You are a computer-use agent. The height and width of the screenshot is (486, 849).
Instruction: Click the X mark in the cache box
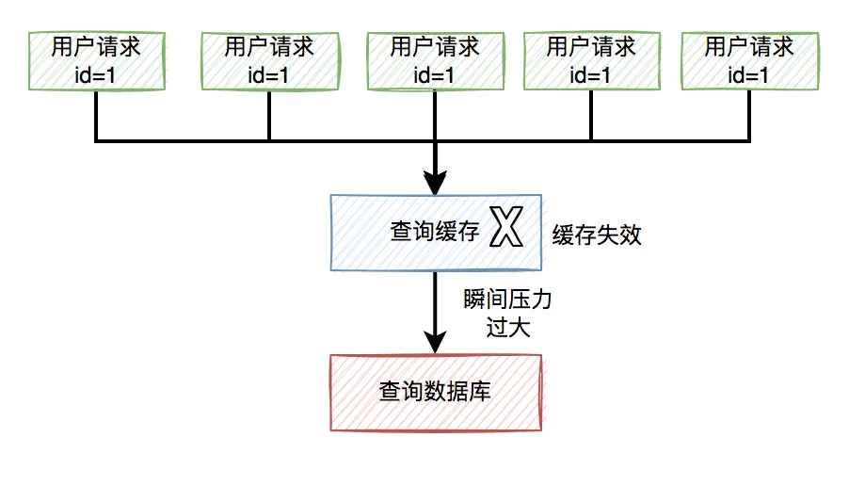click(x=506, y=230)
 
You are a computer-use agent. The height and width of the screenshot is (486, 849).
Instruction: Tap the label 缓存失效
click(x=597, y=235)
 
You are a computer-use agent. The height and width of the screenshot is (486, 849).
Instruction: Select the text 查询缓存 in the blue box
click(x=435, y=232)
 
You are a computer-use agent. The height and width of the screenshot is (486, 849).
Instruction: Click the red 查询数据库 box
click(x=435, y=392)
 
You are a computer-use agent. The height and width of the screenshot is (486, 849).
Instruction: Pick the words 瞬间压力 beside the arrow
click(x=507, y=302)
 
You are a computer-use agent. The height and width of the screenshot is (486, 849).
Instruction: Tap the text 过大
click(x=507, y=328)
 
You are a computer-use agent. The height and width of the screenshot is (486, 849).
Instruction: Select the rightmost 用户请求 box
click(x=749, y=61)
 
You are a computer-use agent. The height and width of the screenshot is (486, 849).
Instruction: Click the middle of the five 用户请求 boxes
click(x=435, y=61)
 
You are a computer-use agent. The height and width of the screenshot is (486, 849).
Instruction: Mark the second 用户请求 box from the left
click(x=269, y=61)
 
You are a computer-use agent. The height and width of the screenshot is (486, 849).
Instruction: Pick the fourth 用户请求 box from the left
click(x=591, y=61)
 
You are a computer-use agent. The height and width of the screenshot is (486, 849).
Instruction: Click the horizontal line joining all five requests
click(x=348, y=141)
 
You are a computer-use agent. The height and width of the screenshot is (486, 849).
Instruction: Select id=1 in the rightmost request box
click(x=749, y=74)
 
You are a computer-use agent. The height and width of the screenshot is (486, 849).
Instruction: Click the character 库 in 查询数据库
click(x=480, y=392)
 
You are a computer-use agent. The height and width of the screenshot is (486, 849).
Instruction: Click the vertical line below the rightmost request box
click(x=749, y=117)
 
